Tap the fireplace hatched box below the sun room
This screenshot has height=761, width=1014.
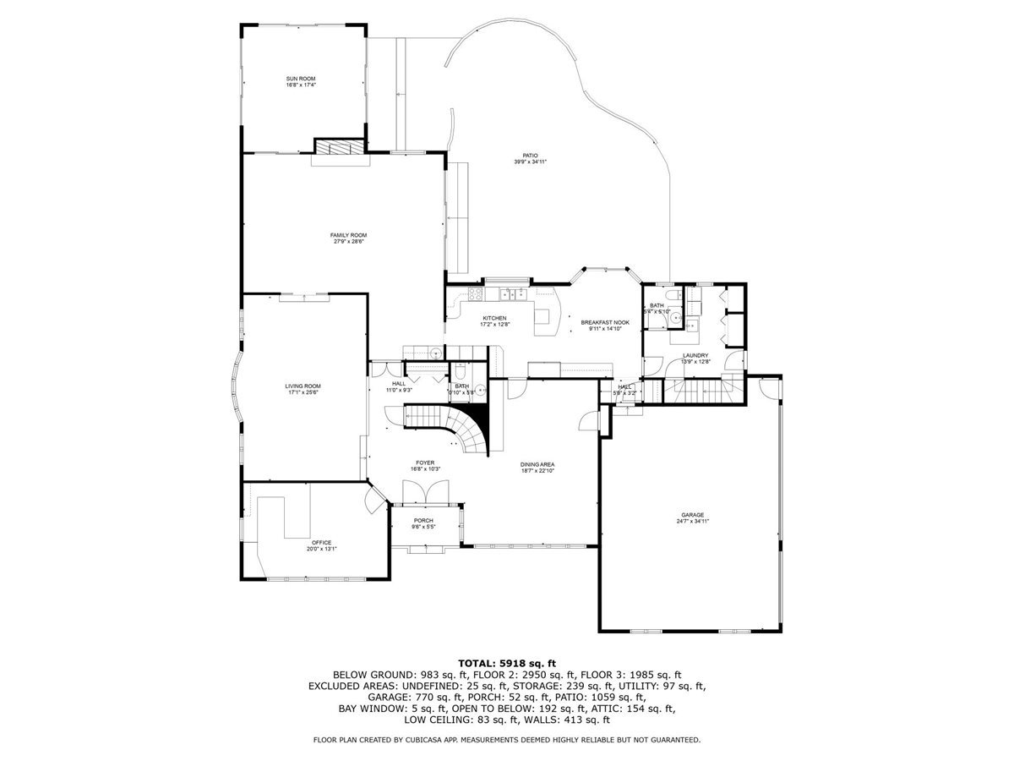(x=340, y=146)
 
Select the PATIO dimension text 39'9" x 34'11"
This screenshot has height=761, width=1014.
(x=530, y=162)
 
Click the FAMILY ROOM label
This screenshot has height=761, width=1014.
(x=348, y=235)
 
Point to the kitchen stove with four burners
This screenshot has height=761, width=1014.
(x=474, y=294)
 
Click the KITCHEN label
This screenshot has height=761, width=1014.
(x=494, y=318)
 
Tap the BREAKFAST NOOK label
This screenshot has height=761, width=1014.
(x=605, y=322)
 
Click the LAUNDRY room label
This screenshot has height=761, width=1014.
(x=695, y=355)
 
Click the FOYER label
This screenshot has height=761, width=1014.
(x=425, y=463)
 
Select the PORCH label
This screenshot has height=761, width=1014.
(x=423, y=520)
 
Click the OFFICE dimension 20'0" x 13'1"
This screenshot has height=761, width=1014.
(x=321, y=549)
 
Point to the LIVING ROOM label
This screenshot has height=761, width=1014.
(x=303, y=386)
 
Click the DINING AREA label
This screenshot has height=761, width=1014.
(x=537, y=464)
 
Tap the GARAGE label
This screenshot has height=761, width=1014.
(x=693, y=515)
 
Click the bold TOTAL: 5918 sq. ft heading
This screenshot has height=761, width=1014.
(x=507, y=663)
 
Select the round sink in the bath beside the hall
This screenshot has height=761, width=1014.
(x=479, y=390)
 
